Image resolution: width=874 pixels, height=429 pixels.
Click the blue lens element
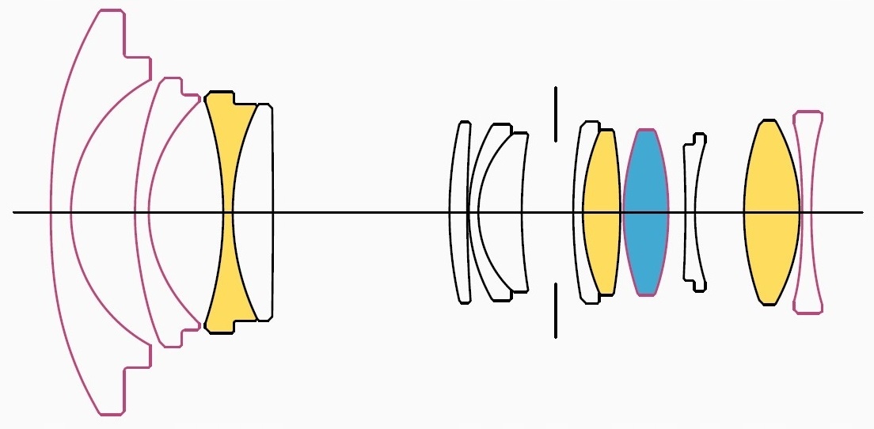coord(645,212)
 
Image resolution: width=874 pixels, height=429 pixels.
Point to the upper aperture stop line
coord(556,114)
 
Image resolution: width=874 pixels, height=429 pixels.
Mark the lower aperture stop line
coord(556,310)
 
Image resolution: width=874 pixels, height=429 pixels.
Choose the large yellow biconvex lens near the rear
coord(771,212)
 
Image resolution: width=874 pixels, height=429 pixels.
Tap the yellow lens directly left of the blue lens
coord(602,212)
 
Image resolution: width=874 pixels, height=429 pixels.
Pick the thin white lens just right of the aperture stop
coord(578,212)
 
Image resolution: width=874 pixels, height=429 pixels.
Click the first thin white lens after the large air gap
coord(459,212)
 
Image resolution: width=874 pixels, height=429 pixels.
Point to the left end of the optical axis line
coord(15,212)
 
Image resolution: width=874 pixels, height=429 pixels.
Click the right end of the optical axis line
coord(861,212)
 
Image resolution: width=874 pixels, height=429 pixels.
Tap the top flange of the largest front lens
coord(111,11)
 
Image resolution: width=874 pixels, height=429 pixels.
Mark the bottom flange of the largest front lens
coord(111,413)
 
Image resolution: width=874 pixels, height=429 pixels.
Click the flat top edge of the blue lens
coord(646,130)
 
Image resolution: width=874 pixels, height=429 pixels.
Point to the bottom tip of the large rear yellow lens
coord(767,303)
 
